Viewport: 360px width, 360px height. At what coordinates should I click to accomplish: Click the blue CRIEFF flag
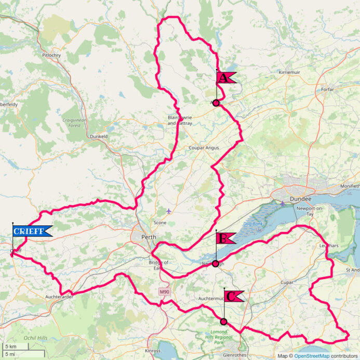(x=32, y=231)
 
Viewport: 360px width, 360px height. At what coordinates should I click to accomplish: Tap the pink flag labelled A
(x=225, y=78)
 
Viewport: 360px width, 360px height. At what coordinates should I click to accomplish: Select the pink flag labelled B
(x=225, y=238)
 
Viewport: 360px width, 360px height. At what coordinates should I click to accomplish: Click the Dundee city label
(x=301, y=199)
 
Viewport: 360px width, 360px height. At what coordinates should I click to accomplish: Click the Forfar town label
(x=327, y=89)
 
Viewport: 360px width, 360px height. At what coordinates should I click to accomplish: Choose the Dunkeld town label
(x=99, y=136)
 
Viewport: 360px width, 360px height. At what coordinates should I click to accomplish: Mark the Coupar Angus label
(x=204, y=148)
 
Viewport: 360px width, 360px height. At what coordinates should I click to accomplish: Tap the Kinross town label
(x=153, y=351)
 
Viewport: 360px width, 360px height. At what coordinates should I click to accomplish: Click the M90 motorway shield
(x=164, y=292)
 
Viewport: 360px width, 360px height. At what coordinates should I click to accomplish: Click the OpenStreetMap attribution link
(x=312, y=356)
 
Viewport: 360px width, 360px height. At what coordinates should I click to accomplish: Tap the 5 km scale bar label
(x=10, y=346)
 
